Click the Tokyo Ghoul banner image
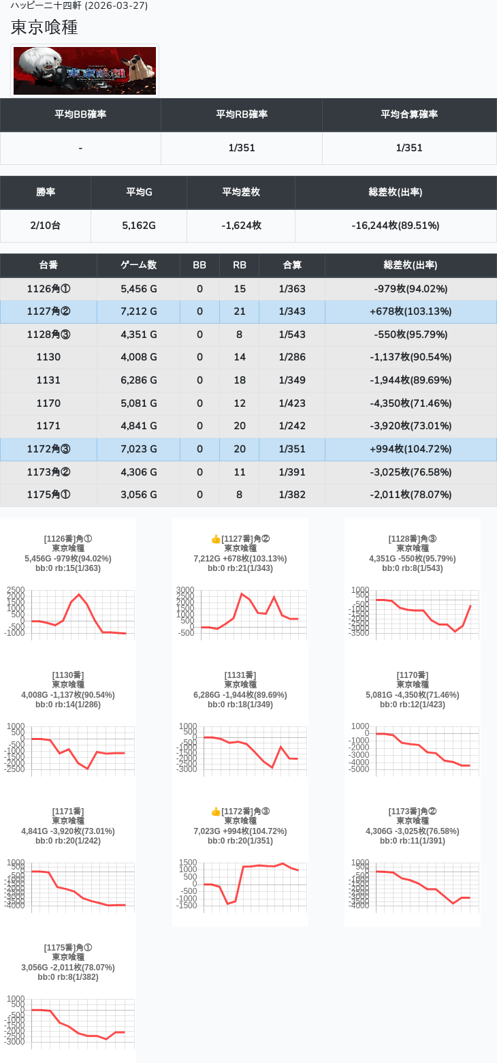[85, 71]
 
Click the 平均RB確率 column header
[242, 114]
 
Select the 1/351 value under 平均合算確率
[409, 148]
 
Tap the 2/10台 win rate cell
[46, 226]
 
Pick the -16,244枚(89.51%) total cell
[396, 226]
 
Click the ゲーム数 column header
[138, 265]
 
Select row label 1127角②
[48, 311]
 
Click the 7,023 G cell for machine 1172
[138, 449]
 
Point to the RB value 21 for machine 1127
[239, 311]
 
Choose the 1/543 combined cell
[292, 335]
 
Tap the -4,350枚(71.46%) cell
[411, 403]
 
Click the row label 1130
[48, 357]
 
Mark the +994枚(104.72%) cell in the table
[411, 449]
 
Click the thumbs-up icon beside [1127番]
[216, 539]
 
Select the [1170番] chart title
[413, 675]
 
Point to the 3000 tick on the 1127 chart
[185, 590]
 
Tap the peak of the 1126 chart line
[79, 594]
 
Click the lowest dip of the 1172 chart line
[227, 904]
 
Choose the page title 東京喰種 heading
[44, 27]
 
